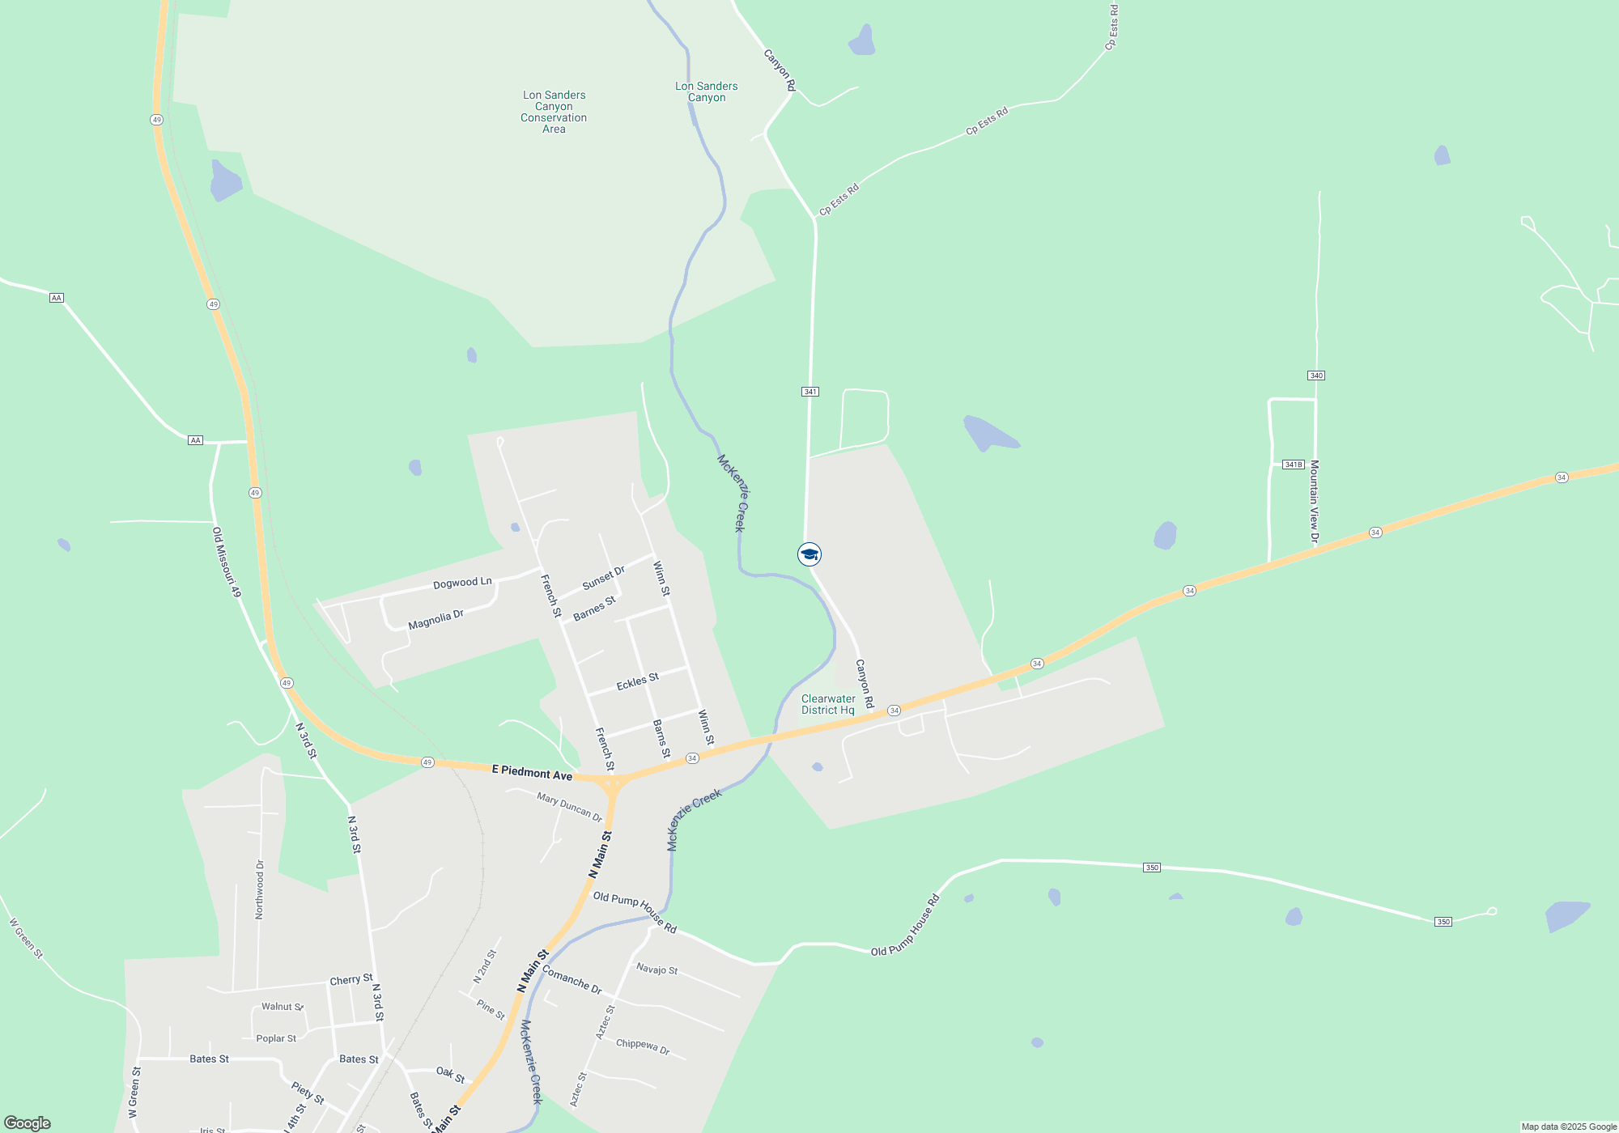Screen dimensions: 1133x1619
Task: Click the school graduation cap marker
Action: coord(809,554)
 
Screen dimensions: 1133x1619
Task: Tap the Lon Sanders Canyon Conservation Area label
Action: coord(554,112)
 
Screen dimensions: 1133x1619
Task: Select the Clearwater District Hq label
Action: coord(828,704)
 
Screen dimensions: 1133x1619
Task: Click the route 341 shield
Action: coord(810,392)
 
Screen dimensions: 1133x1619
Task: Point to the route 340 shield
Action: coord(1316,376)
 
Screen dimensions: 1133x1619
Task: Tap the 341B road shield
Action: coord(1294,465)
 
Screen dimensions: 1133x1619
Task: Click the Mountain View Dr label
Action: coord(1315,502)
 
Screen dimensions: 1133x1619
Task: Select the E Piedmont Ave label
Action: coord(532,773)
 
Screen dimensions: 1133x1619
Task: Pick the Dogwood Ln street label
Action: coord(462,583)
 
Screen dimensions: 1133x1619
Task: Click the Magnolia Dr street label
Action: coord(436,620)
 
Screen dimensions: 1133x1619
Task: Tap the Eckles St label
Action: coord(638,682)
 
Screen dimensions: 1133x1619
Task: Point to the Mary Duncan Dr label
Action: coord(570,807)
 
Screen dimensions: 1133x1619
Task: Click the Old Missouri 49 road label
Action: coord(227,562)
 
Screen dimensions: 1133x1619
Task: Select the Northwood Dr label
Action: coord(260,889)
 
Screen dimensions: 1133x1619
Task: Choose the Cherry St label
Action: coord(351,980)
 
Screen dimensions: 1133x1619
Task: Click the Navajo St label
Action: coord(657,969)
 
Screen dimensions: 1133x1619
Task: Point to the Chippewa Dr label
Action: coord(643,1046)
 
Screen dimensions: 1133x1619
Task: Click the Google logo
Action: coord(28,1123)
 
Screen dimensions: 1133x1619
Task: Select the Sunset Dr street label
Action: coord(604,578)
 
